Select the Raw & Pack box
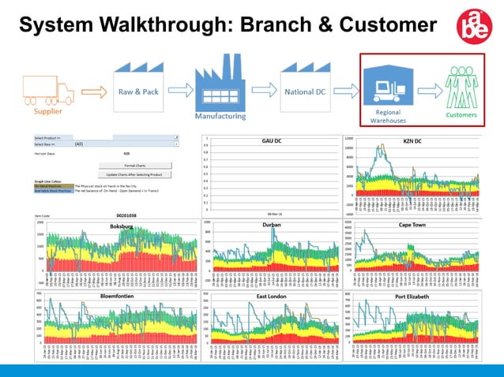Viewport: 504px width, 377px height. (138, 91)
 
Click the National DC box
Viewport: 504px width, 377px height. (304, 91)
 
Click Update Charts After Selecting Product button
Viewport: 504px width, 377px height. (134, 174)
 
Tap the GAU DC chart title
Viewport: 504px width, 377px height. (272, 140)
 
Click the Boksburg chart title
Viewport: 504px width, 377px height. (122, 226)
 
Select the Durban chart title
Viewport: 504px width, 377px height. (271, 225)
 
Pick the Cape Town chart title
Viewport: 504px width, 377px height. (412, 225)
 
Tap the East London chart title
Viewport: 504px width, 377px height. (271, 297)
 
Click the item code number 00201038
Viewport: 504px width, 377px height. (126, 215)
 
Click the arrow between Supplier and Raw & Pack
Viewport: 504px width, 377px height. (93, 91)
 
